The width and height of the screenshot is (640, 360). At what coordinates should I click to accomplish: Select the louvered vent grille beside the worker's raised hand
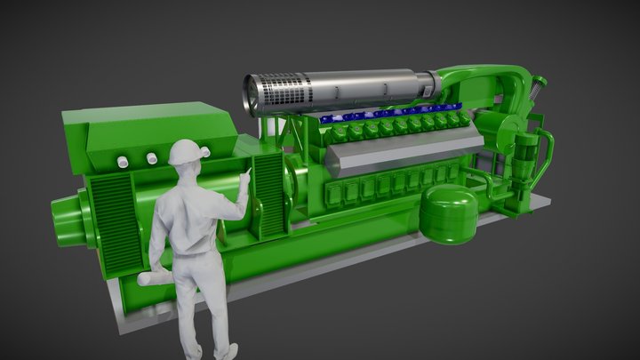coord(268,194)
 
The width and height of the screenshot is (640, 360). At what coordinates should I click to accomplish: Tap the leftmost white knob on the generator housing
coord(121,162)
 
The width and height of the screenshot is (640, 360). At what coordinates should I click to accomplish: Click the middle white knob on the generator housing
coord(136,161)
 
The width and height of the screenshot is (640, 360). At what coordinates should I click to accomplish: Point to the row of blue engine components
coord(391,115)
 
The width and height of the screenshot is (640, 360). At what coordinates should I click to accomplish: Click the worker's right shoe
coord(227,353)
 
